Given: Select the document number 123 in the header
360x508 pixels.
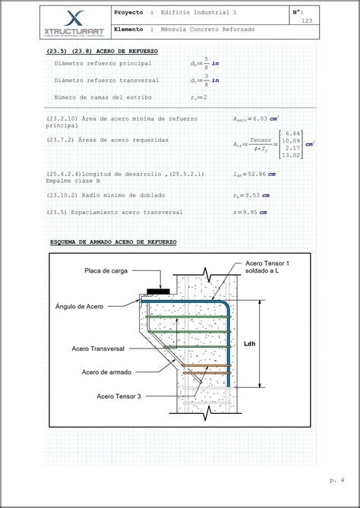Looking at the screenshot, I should [307, 21].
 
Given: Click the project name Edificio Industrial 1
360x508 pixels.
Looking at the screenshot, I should [203, 13].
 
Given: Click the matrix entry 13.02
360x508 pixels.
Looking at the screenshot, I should [292, 155].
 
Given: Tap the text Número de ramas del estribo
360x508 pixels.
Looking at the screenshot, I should [103, 98].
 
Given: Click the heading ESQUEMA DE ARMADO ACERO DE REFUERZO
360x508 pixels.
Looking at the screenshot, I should [112, 241].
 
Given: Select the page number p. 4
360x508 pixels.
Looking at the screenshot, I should [337, 480].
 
